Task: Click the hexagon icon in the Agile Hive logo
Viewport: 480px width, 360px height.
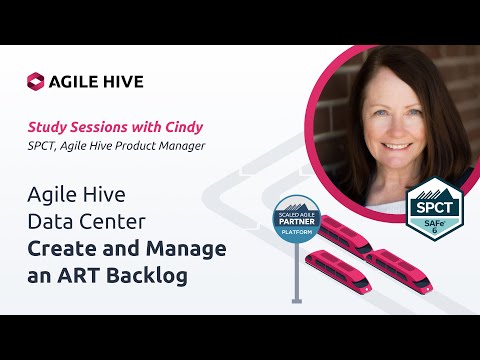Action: (36, 81)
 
